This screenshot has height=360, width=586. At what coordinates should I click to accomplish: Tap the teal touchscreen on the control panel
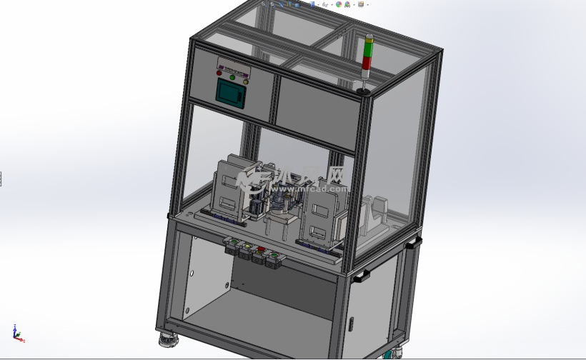coord(231,93)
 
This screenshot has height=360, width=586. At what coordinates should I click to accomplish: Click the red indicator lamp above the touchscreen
coord(219,72)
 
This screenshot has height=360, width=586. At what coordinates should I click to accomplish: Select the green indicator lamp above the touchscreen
coord(232,77)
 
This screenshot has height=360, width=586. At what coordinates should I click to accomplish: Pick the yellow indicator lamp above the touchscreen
coord(246,81)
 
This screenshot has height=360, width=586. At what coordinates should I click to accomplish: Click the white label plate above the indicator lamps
coord(234,66)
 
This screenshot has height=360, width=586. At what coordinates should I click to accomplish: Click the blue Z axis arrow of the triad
coord(14,328)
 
